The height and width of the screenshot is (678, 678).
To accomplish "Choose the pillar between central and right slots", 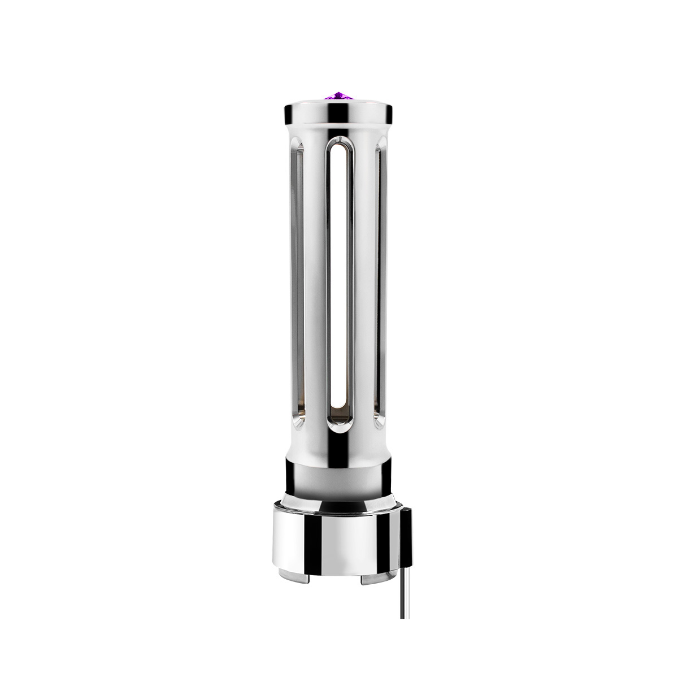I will pyautogui.click(x=364, y=282).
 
